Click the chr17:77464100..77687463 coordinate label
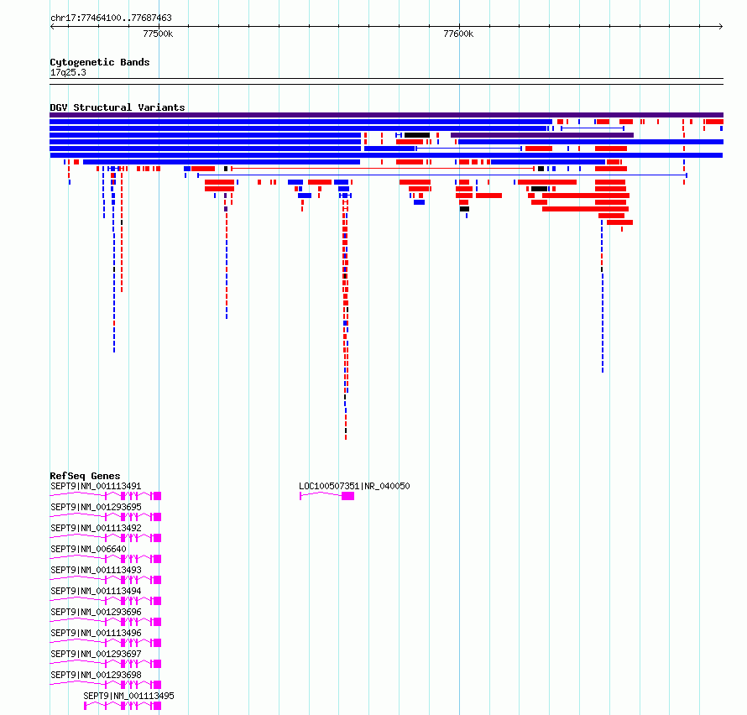pyautogui.click(x=111, y=18)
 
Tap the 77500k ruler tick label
pyautogui.click(x=158, y=34)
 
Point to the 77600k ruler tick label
pyautogui.click(x=458, y=34)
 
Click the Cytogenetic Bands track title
pyautogui.click(x=100, y=62)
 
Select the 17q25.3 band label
pyautogui.click(x=68, y=72)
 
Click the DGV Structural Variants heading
pyautogui.click(x=118, y=107)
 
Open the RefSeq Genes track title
pyautogui.click(x=85, y=476)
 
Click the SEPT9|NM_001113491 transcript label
pyautogui.click(x=96, y=487)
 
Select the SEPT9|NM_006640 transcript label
pyautogui.click(x=89, y=549)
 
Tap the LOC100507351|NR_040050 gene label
pyautogui.click(x=354, y=487)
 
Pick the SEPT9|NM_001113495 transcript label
pyautogui.click(x=128, y=696)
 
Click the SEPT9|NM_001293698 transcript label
pyautogui.click(x=96, y=675)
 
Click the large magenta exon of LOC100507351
pyautogui.click(x=347, y=496)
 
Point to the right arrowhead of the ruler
pyautogui.click(x=722, y=26)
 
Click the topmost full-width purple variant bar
pyautogui.click(x=386, y=115)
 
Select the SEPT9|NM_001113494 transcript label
pyautogui.click(x=96, y=591)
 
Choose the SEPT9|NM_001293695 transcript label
pyautogui.click(x=96, y=508)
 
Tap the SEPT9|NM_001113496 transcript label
pyautogui.click(x=96, y=633)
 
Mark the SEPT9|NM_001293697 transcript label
pyautogui.click(x=96, y=654)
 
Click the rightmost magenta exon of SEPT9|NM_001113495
pyautogui.click(x=157, y=706)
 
